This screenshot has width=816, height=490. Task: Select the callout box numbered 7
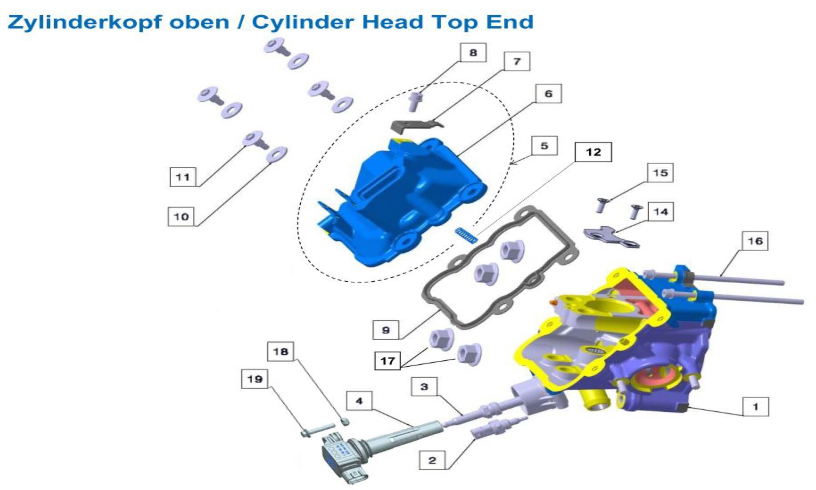(x=517, y=61)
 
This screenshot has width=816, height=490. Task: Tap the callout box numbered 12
(x=593, y=152)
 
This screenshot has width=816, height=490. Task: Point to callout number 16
(x=755, y=241)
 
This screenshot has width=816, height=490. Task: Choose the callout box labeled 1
(x=755, y=407)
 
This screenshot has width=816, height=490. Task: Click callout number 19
(x=254, y=379)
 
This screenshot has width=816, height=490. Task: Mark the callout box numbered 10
(x=181, y=217)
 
